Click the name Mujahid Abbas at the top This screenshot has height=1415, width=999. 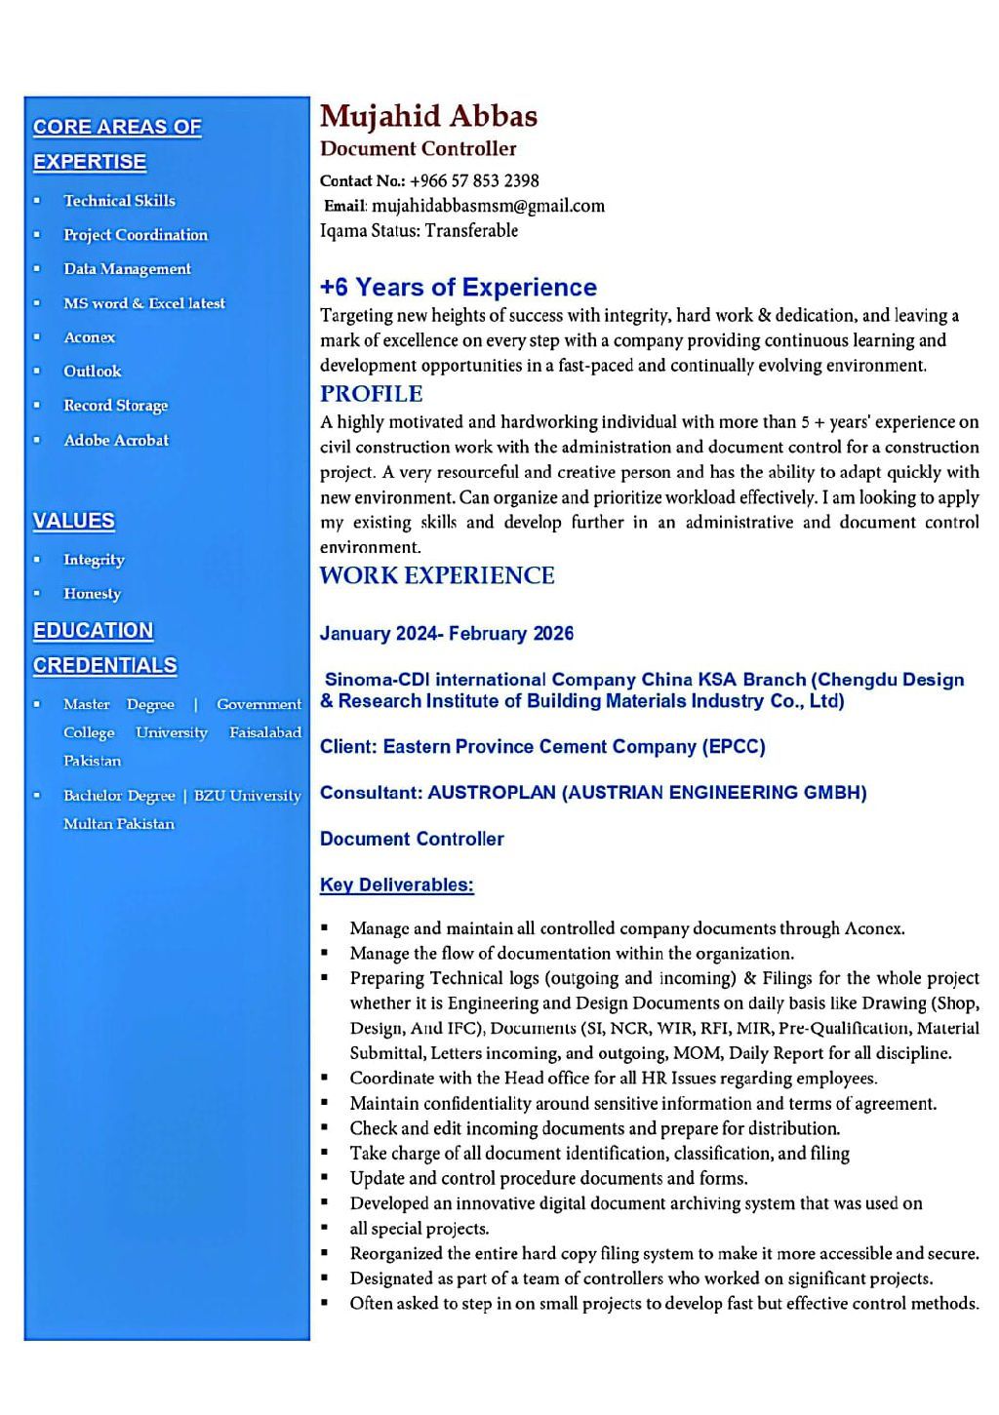pos(428,116)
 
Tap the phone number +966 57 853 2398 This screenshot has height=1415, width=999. pos(474,180)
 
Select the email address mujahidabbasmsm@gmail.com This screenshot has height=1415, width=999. pos(488,206)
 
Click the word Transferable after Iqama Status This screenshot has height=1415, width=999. pos(471,231)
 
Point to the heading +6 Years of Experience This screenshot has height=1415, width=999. pos(458,288)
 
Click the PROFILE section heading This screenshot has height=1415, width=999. pos(371,394)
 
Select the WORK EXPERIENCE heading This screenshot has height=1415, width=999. pos(436,575)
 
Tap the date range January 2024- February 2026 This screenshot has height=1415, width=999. pos(446,634)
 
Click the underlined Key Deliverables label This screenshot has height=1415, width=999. pos(396,885)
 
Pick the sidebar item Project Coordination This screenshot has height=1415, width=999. pos(135,235)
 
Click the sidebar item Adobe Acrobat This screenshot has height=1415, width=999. pos(115,440)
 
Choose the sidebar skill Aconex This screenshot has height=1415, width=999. pos(89,337)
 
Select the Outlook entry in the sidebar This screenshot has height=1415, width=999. pos(92,372)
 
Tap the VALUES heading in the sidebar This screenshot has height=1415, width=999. pos(73,521)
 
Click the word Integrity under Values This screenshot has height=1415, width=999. pos(94,560)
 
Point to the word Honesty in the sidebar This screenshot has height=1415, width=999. pos(92,594)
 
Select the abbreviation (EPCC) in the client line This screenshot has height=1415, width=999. pos(734,747)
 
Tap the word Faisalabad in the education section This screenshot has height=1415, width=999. pos(264,732)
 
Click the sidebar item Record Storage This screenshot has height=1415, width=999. pos(115,406)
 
